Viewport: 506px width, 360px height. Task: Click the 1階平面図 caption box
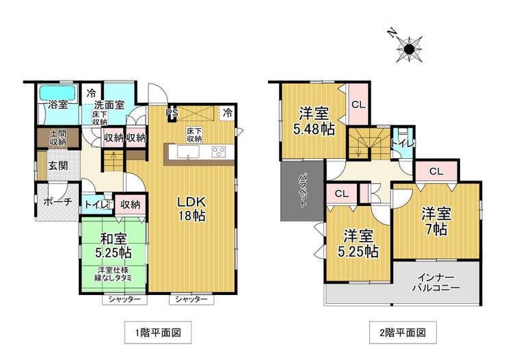158,333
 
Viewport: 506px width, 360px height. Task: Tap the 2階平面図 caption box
403,333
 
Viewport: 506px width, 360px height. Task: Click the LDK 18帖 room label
191,209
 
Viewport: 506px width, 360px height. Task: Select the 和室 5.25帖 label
114,246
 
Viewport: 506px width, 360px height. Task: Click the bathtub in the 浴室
58,93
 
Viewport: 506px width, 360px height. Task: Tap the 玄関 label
58,166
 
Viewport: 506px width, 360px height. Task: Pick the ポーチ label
57,202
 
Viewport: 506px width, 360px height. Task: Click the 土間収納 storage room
58,138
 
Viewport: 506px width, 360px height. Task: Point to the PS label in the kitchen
172,113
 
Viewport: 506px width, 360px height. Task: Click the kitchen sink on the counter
188,152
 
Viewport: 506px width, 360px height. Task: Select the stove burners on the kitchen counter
219,152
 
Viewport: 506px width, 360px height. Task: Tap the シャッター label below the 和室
124,300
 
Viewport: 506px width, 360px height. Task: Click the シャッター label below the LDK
191,300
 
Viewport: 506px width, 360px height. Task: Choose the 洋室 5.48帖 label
314,121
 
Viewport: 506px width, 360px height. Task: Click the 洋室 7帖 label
436,222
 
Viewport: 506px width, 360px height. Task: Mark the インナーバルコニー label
436,283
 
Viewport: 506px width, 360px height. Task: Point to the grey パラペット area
302,191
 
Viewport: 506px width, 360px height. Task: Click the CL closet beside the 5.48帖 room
358,104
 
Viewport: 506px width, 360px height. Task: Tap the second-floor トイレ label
403,143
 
